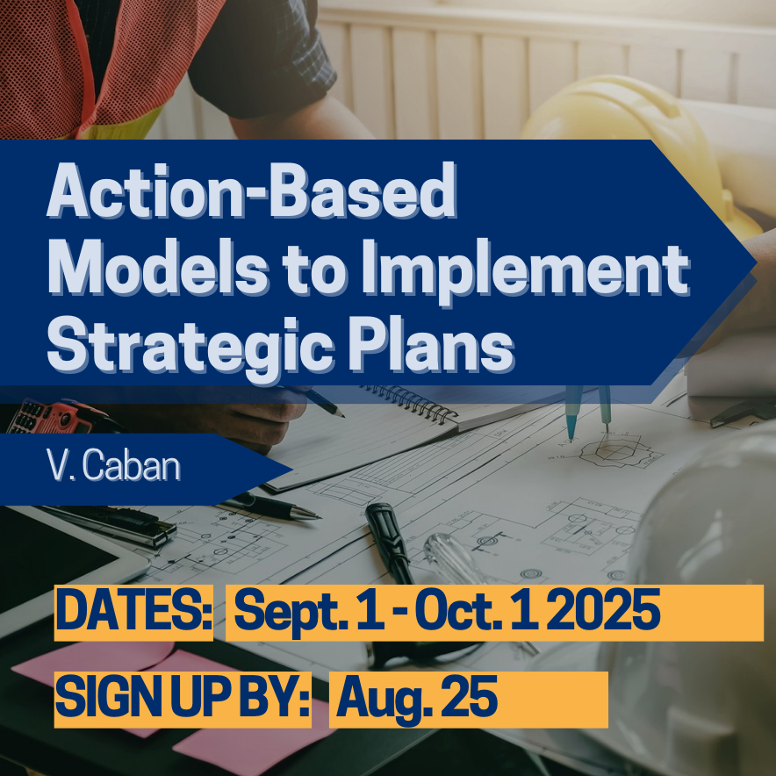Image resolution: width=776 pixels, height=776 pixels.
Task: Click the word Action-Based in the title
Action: click(x=251, y=190)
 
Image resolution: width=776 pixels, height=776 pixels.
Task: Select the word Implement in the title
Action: click(x=525, y=271)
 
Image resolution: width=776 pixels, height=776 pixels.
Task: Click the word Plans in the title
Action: click(x=430, y=344)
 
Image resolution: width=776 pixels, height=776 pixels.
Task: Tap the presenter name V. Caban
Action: click(x=113, y=465)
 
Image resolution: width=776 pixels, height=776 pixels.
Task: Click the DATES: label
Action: click(x=133, y=612)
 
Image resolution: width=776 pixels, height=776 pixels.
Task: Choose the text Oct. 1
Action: click(x=476, y=612)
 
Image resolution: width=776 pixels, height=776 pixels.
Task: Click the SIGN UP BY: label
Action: click(x=183, y=699)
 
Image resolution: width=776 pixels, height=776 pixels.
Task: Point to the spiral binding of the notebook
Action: click(x=411, y=402)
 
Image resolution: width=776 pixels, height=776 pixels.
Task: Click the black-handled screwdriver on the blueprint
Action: click(x=391, y=543)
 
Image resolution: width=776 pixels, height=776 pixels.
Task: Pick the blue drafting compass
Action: click(x=589, y=412)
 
